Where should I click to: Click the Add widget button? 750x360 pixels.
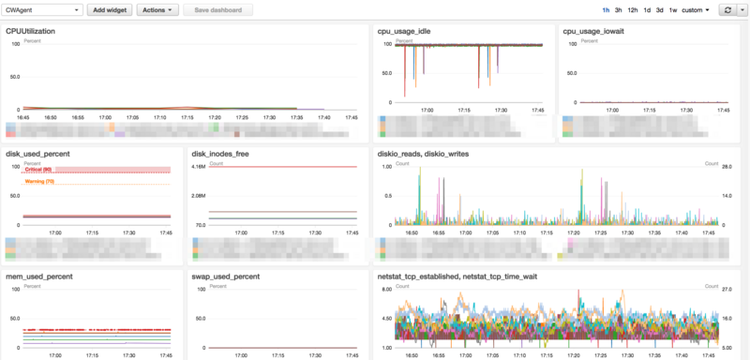tap(111, 9)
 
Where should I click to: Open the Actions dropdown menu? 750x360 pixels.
tap(157, 9)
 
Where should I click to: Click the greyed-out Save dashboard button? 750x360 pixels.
tap(217, 9)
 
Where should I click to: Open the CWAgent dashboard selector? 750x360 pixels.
tap(43, 9)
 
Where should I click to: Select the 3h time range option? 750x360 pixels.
tap(619, 9)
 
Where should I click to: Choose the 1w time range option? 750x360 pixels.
tap(673, 9)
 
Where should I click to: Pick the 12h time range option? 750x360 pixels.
tap(633, 9)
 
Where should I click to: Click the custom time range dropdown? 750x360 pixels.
tap(696, 9)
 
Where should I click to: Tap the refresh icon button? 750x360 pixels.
tap(726, 9)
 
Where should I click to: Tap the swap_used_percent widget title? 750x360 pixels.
tap(225, 277)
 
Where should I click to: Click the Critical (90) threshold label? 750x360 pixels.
tap(39, 170)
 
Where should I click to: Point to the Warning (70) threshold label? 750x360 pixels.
tap(40, 181)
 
